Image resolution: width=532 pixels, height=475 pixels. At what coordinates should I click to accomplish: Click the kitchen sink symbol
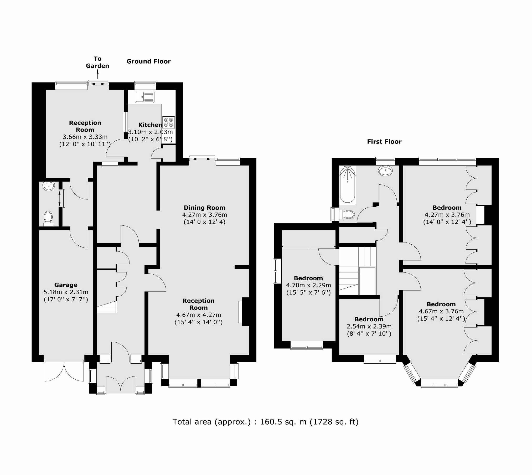144,97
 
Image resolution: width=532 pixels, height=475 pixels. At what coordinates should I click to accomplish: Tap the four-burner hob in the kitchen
168,122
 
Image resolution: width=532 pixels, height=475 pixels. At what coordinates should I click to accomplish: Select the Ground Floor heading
148,61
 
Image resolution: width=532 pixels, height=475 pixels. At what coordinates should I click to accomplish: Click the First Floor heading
384,142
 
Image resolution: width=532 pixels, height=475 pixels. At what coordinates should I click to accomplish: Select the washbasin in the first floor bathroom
385,171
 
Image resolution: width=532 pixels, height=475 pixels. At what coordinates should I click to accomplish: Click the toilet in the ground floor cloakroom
48,218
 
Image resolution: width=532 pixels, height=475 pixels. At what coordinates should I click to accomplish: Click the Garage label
66,285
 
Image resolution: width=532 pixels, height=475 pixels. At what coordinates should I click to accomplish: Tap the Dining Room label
204,208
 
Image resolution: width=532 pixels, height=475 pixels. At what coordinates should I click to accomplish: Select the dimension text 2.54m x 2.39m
369,327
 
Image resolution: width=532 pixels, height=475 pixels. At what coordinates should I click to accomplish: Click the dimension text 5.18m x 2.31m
66,292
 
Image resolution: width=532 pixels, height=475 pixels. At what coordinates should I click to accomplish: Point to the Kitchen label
150,125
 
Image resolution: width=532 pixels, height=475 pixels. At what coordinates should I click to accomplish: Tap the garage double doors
64,371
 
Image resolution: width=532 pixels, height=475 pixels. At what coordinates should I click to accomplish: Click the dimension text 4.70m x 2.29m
308,285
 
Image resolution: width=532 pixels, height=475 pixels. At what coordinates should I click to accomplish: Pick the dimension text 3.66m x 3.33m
85,137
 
